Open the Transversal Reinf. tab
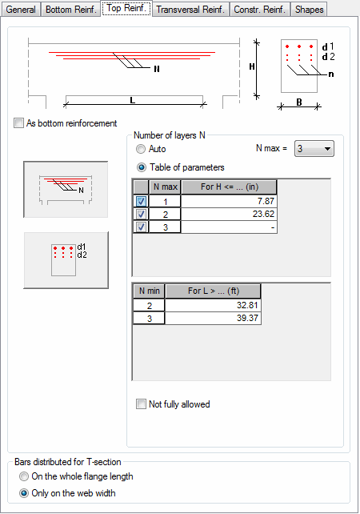coord(190,10)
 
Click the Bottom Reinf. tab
coord(70,10)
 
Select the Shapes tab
coord(309,10)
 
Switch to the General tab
coord(21,10)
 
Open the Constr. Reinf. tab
coord(259,10)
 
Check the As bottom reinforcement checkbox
coord(18,123)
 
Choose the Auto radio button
coord(141,149)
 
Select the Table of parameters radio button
coord(141,167)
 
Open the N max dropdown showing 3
coord(314,149)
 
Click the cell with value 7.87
coord(229,201)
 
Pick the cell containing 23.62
coord(229,214)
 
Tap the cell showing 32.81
coord(213,305)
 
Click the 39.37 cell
coord(213,318)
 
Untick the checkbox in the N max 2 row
coord(141,214)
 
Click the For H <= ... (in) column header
coord(229,187)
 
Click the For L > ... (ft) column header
coord(213,291)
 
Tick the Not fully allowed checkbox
coord(141,404)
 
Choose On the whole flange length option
coord(23,476)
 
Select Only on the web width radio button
coord(23,493)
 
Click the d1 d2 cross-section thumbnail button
coord(66,260)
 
